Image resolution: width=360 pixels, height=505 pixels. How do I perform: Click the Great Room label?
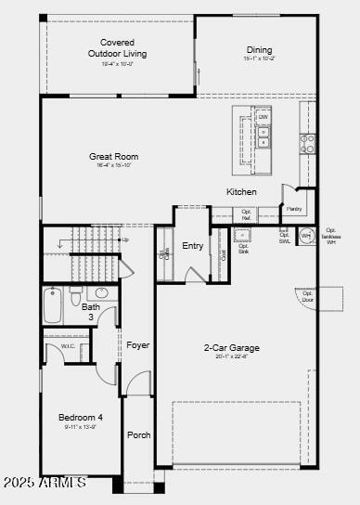114,157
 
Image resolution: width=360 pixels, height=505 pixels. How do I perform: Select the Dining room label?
260,50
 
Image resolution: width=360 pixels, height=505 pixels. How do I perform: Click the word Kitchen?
241,192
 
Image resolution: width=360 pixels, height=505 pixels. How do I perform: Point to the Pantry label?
294,209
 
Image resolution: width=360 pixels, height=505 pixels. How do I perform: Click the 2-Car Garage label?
232,348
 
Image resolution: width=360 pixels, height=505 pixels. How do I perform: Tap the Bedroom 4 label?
81,418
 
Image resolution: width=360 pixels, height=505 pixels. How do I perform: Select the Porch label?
139,435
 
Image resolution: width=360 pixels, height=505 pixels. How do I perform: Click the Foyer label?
138,345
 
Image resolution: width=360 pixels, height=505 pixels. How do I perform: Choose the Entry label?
193,246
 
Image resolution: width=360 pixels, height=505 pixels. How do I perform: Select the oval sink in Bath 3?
102,293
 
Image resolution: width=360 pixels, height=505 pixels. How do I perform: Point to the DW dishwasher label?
264,118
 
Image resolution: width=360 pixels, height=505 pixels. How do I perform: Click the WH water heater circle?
306,236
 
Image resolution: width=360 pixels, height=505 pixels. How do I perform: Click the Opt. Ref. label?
247,214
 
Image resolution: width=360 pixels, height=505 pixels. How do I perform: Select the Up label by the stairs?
125,240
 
